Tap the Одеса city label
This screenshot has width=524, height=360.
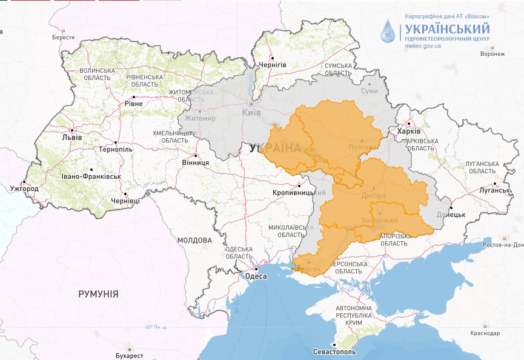[256, 276]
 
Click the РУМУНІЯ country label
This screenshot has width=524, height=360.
[98, 294]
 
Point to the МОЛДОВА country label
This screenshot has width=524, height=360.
[194, 241]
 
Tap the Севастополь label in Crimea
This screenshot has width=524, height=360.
[335, 352]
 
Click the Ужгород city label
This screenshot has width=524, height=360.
[25, 189]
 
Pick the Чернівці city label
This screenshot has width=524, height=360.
[125, 201]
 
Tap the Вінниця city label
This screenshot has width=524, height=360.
[195, 163]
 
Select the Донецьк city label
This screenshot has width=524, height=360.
[451, 215]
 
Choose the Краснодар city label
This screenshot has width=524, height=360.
[485, 334]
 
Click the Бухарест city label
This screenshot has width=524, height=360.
[128, 355]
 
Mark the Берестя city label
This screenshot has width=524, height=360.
[63, 38]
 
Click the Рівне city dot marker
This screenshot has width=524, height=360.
[133, 96]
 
